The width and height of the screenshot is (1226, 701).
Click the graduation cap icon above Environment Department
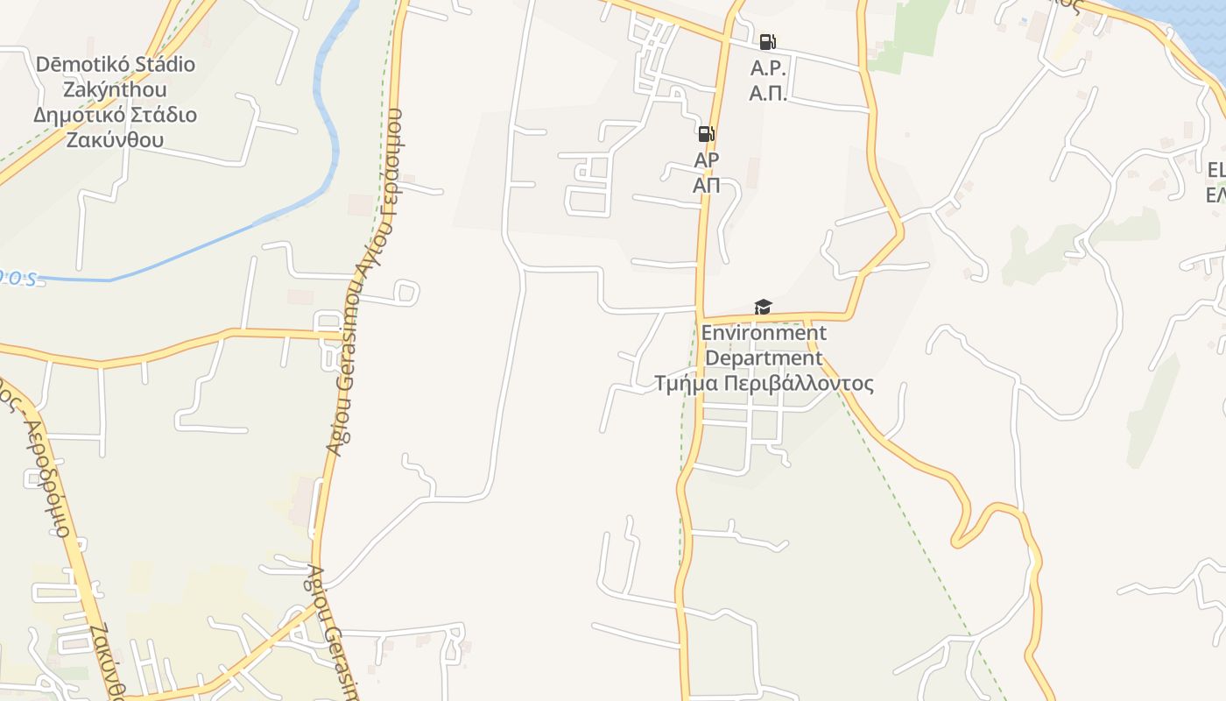coord(764,307)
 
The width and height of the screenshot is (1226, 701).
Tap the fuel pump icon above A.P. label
coord(767,42)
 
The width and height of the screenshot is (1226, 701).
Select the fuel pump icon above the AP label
coord(706,134)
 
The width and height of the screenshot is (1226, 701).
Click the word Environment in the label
coord(764,333)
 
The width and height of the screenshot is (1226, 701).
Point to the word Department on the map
coord(764,358)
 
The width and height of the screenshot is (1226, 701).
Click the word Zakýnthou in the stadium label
coord(115,89)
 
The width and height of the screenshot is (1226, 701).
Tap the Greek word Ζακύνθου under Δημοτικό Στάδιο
coord(115,140)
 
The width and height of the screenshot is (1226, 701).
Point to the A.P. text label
coord(768,69)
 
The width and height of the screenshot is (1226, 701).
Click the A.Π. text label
coord(768,94)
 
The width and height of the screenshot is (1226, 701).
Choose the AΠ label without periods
coord(706,185)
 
